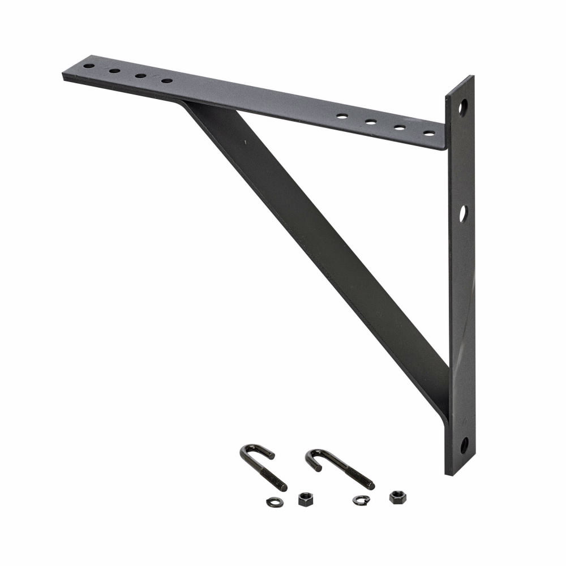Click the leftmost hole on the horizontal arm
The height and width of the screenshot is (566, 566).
[89, 66]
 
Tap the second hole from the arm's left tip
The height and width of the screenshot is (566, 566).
[115, 71]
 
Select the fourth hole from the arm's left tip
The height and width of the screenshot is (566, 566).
[166, 81]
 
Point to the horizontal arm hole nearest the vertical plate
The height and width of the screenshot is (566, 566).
[429, 134]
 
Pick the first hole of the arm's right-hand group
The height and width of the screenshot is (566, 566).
[342, 116]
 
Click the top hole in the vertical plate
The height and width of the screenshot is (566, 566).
[464, 106]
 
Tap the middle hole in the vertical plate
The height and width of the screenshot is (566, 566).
[463, 213]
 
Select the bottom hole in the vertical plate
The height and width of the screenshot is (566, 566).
[464, 444]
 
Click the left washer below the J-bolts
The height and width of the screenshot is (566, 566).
[273, 500]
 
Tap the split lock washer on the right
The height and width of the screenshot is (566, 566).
[358, 500]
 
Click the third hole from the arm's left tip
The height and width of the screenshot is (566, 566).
[140, 76]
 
